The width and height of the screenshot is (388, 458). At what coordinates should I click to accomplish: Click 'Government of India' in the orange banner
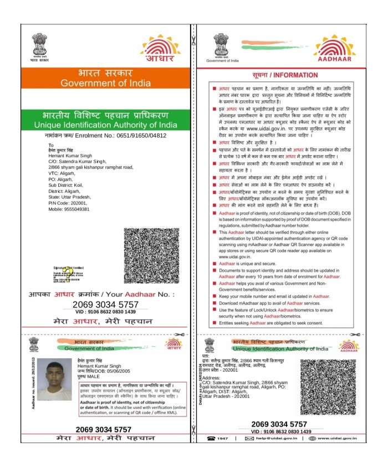point(105,83)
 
